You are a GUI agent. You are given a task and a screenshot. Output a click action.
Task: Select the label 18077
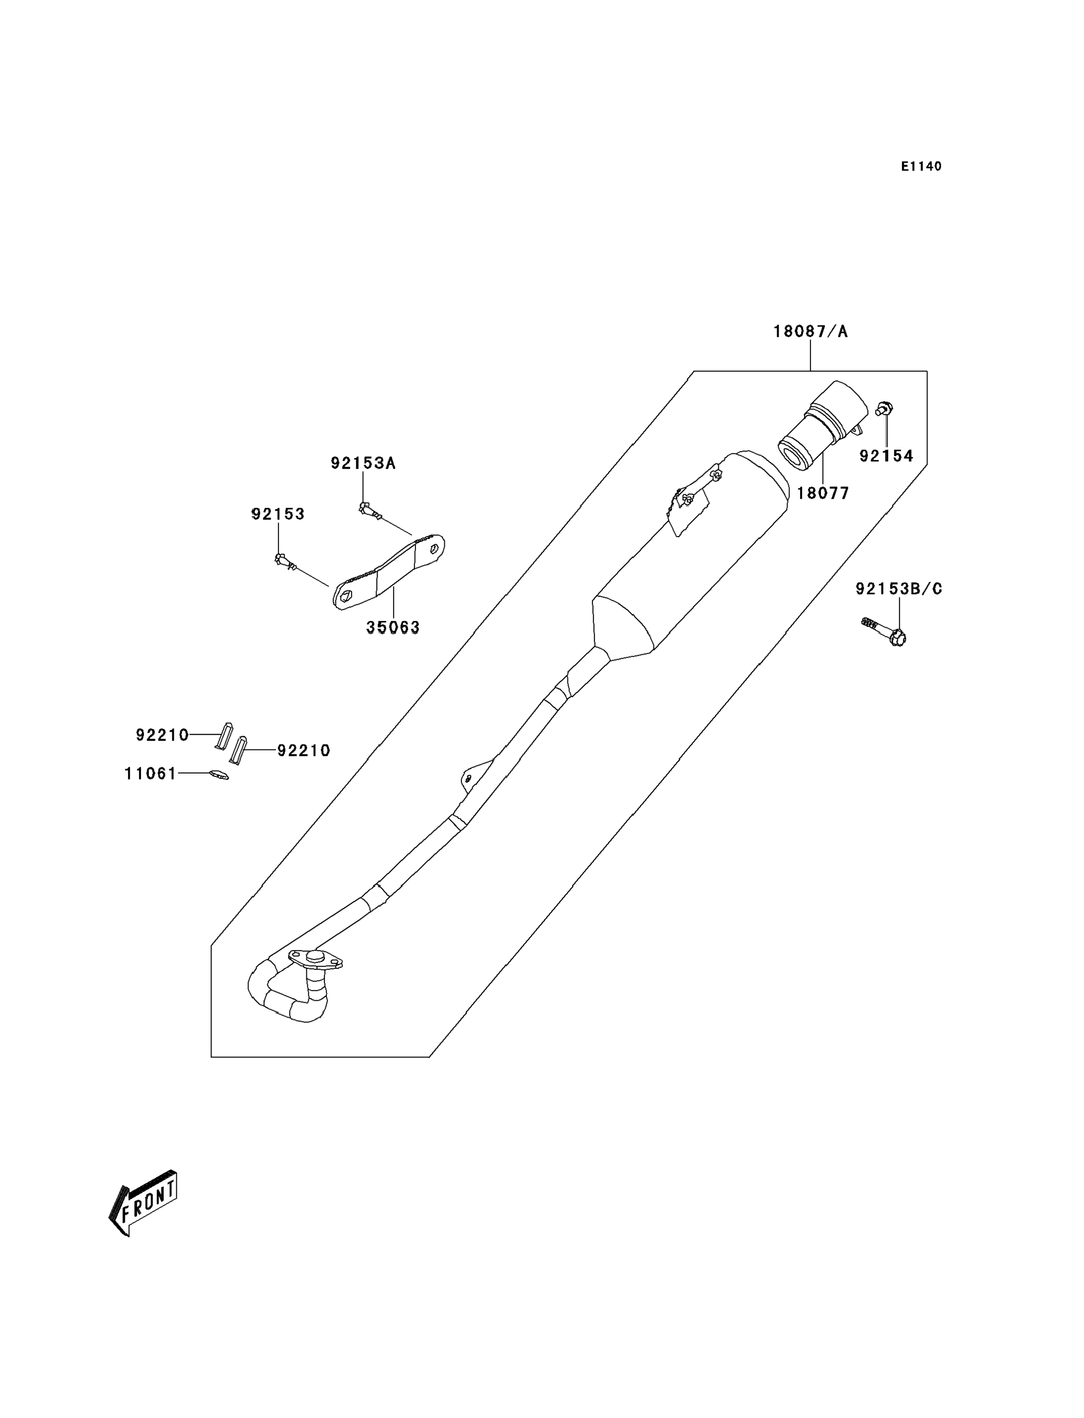823,493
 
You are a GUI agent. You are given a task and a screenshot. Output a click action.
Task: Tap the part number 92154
886,456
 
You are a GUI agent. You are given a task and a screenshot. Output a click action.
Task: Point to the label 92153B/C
899,589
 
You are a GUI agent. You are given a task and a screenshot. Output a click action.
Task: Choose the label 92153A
363,463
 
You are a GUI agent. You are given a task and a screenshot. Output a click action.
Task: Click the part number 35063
393,627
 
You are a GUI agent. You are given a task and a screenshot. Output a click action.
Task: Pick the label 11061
150,774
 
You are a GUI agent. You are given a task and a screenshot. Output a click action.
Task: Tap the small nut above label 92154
884,408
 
